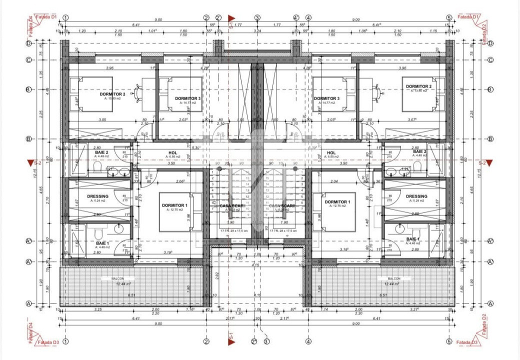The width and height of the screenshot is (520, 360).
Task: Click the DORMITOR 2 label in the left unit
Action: click(112, 93)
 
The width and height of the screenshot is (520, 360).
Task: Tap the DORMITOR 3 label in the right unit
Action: click(326, 98)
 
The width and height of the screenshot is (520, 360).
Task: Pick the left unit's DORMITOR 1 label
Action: click(174, 205)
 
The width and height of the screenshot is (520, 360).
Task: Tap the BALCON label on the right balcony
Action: click(394, 278)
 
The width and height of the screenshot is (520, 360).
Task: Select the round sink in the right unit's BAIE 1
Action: click(399, 229)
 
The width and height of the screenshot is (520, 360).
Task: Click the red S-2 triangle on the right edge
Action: click(490, 162)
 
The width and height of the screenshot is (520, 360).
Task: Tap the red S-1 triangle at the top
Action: click(231, 18)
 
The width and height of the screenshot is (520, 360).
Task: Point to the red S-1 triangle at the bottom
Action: click(231, 342)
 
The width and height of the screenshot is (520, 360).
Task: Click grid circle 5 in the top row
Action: click(449, 17)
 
